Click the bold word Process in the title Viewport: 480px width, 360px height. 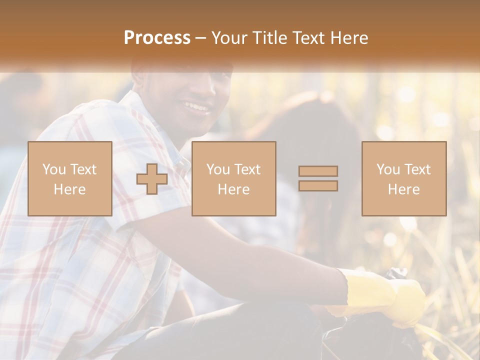tap(157, 38)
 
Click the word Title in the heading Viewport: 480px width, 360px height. tap(268, 38)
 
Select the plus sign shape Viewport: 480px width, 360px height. tap(152, 179)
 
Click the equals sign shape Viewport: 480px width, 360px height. tap(318, 178)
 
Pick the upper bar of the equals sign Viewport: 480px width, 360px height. tap(318, 171)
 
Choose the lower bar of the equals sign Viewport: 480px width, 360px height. tap(318, 185)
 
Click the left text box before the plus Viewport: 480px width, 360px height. tap(69, 178)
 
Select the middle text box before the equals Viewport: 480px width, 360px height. tap(233, 178)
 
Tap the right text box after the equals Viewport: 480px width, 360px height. tap(403, 178)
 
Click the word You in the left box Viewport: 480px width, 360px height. tap(54, 169)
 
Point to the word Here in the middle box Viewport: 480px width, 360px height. tap(233, 189)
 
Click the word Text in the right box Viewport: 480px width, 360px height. tap(418, 169)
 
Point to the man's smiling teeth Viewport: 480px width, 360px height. tap(196, 106)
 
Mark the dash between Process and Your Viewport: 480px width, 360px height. tap(200, 38)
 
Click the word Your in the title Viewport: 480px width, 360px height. tap(228, 38)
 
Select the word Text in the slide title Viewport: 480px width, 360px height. tap(306, 38)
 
